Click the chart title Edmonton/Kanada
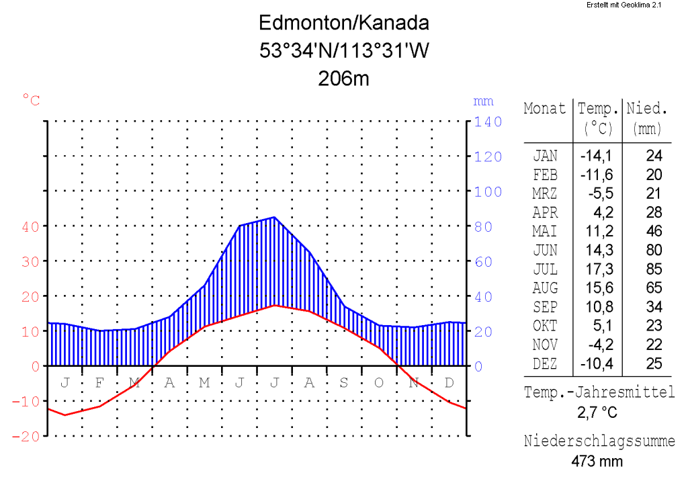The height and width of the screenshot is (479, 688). click(x=343, y=24)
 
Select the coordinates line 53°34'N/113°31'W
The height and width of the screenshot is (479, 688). click(x=343, y=51)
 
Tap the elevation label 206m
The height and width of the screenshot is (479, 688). click(x=343, y=79)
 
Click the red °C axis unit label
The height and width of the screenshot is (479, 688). click(x=32, y=101)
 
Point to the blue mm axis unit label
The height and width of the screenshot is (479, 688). click(x=483, y=101)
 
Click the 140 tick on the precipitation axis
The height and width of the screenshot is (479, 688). click(x=488, y=122)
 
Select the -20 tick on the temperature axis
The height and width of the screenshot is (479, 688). click(x=26, y=436)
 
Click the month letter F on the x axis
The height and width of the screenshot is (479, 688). click(x=99, y=383)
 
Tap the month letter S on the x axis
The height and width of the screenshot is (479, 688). click(x=343, y=383)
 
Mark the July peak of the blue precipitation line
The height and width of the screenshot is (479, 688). click(x=274, y=217)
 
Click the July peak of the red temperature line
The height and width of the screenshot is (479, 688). click(x=274, y=305)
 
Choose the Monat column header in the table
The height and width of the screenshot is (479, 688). click(x=545, y=109)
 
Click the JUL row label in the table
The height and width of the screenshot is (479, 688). click(x=545, y=269)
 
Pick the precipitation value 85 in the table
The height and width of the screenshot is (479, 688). click(x=654, y=269)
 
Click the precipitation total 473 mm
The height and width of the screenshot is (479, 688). click(x=597, y=462)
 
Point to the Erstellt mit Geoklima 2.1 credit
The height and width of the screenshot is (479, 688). click(x=624, y=5)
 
